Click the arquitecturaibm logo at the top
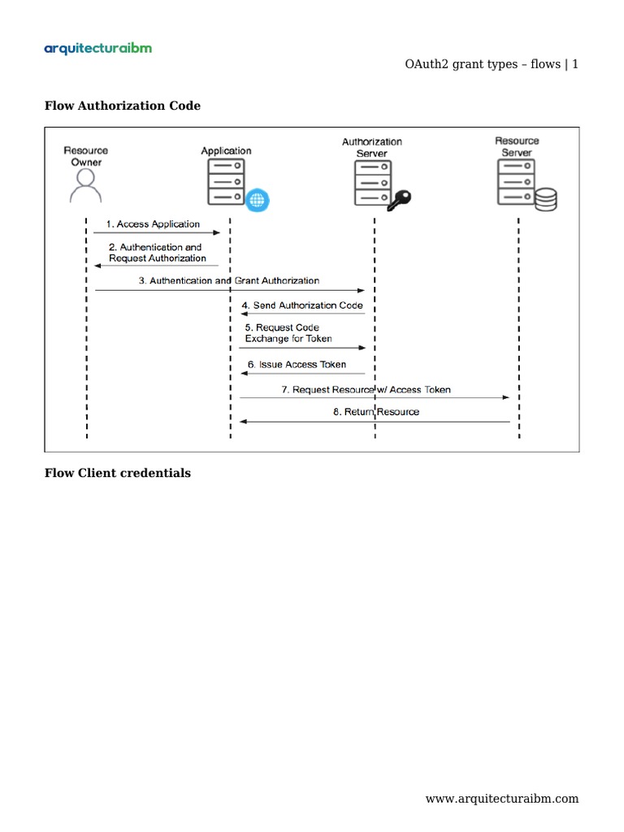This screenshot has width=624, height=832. (97, 49)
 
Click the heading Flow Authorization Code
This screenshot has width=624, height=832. (122, 106)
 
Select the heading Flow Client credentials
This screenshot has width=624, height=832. (117, 473)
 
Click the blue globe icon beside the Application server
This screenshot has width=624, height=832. (258, 199)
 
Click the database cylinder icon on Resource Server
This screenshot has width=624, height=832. (545, 198)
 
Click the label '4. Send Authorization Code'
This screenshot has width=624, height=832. (301, 305)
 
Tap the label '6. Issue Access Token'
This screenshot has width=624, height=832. (297, 365)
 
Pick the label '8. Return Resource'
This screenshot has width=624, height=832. (376, 412)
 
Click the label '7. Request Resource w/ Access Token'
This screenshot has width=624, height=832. (366, 390)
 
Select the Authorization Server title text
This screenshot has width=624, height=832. (371, 147)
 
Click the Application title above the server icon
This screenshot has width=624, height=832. (226, 150)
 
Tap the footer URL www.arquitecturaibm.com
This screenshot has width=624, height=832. (502, 799)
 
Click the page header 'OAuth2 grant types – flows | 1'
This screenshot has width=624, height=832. (491, 65)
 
